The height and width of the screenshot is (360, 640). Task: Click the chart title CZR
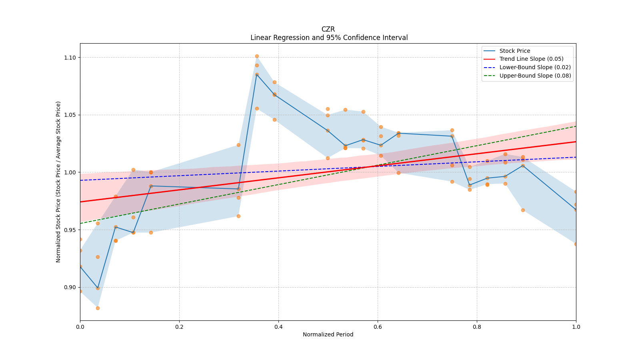[x=328, y=29]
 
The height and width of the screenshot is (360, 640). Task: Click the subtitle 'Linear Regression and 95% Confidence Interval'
[x=329, y=38]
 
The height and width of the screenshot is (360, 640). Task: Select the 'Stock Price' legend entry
[x=514, y=51]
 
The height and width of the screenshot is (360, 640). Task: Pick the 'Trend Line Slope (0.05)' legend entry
[x=531, y=59]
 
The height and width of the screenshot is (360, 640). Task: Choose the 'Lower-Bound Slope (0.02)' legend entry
[x=535, y=68]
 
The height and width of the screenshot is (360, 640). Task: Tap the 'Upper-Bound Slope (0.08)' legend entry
[x=535, y=76]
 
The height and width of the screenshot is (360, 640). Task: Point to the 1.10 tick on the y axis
[x=70, y=58]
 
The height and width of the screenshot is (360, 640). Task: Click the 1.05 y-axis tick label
[x=70, y=115]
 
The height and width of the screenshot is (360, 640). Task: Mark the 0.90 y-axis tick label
[x=70, y=287]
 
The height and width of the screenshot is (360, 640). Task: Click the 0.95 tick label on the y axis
[x=70, y=230]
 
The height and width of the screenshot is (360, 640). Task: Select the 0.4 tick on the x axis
[x=278, y=327]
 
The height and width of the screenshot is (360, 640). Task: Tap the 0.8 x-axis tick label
[x=477, y=327]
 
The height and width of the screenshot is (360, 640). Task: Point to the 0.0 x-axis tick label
[x=80, y=327]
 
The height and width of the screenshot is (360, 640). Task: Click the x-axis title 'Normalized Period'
[x=328, y=334]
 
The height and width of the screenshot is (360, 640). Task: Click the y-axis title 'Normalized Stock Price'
[x=58, y=182]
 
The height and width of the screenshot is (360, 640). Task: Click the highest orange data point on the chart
[x=257, y=56]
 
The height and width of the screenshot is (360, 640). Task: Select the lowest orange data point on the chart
[x=98, y=308]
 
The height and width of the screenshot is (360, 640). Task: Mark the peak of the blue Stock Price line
[x=257, y=74]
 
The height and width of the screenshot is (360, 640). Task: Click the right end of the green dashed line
[x=576, y=126]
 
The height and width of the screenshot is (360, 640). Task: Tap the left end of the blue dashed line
[x=80, y=180]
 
